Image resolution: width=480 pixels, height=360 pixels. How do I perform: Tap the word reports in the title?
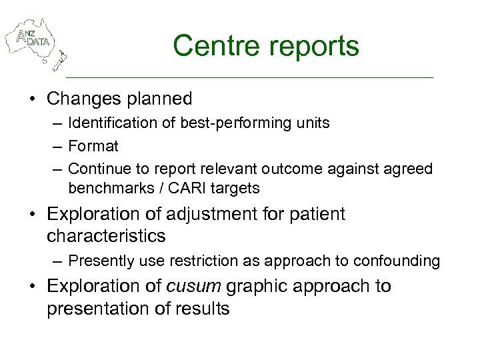click(x=315, y=46)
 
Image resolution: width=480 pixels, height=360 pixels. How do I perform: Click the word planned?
click(x=162, y=99)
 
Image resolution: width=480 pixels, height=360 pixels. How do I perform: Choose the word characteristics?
click(x=106, y=236)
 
